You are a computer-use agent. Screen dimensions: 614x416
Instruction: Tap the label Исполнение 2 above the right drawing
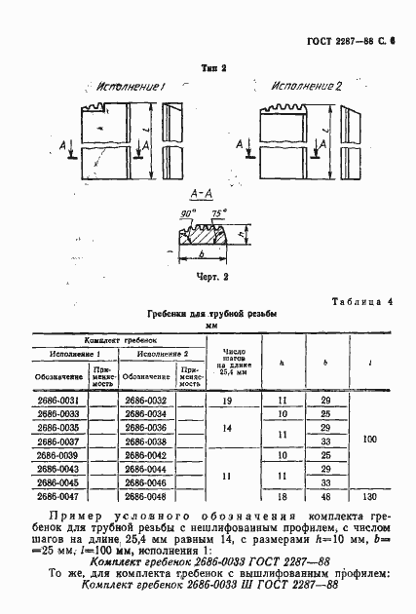coord(307,87)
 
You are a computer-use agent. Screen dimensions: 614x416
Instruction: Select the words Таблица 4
coord(362,302)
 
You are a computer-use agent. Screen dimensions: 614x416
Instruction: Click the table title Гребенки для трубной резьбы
coord(211,315)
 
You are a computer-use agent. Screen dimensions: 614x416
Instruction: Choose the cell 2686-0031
coord(59,401)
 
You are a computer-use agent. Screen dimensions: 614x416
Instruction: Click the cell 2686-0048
coord(147,495)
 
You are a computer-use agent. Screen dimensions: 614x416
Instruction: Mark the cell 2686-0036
coord(147,427)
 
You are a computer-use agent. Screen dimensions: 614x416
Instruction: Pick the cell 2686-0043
coord(59,468)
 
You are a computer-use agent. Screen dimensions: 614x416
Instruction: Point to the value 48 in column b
coord(325,495)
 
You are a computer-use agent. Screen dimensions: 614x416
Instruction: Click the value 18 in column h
coord(282,495)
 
